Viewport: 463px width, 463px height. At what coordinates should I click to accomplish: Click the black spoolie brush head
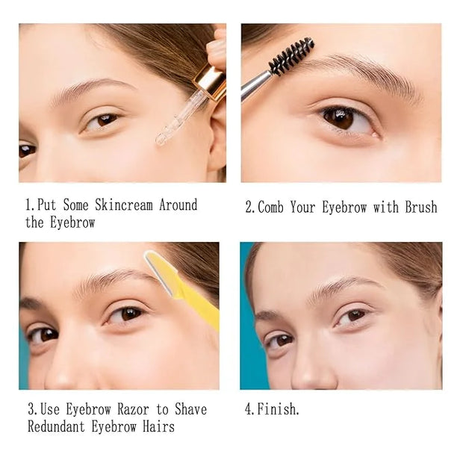click(x=291, y=56)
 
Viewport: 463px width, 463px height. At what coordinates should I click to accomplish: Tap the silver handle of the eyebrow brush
click(x=255, y=86)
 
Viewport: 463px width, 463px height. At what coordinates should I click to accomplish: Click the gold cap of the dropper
click(x=211, y=81)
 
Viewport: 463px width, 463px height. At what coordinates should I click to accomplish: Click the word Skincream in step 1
click(x=124, y=205)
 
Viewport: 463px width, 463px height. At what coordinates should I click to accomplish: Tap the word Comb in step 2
click(x=270, y=207)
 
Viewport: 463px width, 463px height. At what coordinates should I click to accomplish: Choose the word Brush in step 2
click(x=420, y=207)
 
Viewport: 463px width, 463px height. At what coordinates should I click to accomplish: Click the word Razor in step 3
click(x=133, y=409)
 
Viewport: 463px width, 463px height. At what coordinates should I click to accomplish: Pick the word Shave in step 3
click(x=190, y=409)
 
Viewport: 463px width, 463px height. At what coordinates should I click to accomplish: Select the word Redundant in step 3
click(x=56, y=426)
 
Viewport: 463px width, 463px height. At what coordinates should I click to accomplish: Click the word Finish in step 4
click(x=276, y=409)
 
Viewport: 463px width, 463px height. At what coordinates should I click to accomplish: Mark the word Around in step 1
click(x=178, y=205)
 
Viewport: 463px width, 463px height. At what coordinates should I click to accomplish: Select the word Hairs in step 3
click(x=159, y=426)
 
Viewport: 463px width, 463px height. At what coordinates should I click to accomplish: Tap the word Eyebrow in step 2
click(x=344, y=207)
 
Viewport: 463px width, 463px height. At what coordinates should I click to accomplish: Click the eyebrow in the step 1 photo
click(x=92, y=89)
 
